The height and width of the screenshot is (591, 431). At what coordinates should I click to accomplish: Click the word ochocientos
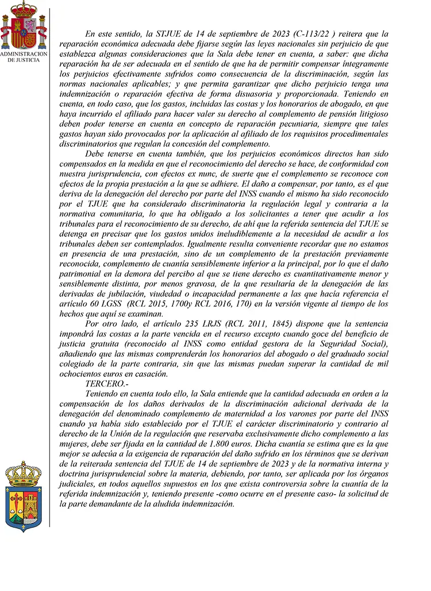(80, 374)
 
